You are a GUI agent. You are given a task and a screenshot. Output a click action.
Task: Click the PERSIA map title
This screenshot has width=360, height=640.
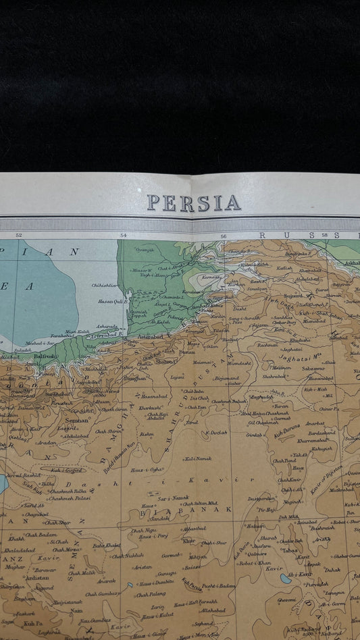(194, 203)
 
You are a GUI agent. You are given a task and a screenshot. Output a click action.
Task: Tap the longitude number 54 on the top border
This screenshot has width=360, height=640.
(124, 236)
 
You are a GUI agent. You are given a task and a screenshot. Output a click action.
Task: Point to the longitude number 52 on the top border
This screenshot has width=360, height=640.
(18, 235)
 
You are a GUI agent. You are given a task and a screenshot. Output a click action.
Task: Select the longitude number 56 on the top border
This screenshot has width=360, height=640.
(223, 236)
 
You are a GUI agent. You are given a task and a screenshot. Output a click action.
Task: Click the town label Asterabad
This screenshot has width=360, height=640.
(150, 335)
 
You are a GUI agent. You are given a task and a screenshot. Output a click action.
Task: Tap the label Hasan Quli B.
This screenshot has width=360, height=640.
(113, 302)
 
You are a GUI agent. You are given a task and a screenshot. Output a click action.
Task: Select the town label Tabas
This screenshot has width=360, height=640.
(290, 550)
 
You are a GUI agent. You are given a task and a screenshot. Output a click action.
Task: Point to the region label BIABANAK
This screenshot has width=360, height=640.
(195, 509)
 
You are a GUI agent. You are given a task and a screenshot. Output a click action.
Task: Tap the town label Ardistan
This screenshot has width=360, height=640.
(36, 578)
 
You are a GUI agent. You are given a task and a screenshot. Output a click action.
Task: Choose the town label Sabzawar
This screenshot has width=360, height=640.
(313, 369)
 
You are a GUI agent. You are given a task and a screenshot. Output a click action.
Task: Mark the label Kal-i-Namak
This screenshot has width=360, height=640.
(198, 458)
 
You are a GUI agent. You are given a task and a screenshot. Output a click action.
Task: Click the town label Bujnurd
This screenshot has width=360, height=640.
(292, 296)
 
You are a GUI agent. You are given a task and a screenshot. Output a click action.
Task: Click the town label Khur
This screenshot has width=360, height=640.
(189, 540)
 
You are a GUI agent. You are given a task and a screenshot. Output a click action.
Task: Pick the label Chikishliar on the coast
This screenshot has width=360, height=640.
(104, 285)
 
